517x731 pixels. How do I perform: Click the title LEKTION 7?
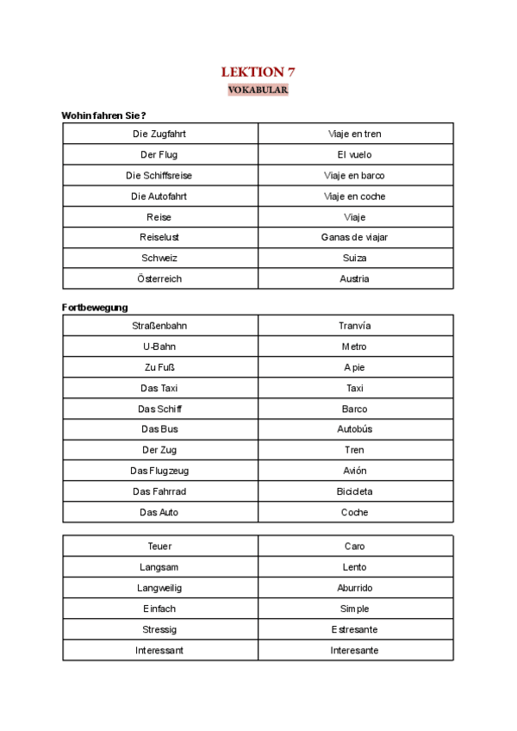[x=258, y=72]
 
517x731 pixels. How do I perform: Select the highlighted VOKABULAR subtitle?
[x=258, y=90]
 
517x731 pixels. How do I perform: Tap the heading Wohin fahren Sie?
[x=103, y=116]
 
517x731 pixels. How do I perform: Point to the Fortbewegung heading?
[x=95, y=307]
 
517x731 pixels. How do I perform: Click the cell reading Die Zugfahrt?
[x=159, y=134]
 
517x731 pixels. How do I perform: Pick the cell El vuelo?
[x=354, y=154]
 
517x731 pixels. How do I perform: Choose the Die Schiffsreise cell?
[x=159, y=175]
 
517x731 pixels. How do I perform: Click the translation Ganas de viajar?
[x=354, y=237]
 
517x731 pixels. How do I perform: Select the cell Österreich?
[x=159, y=278]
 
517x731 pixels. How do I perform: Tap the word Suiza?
[x=354, y=258]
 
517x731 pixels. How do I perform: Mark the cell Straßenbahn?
[x=159, y=326]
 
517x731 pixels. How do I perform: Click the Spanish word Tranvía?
[x=354, y=326]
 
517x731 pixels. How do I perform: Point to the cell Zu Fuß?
[x=159, y=367]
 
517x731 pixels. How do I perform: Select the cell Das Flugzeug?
[x=159, y=471]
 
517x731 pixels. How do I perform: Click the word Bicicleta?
[x=354, y=491]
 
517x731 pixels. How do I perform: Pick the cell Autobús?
[x=354, y=429]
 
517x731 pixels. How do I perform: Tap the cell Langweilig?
[x=159, y=588]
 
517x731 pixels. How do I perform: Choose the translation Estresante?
[x=354, y=629]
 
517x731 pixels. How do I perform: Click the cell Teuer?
[x=159, y=547]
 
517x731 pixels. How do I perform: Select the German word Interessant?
[x=159, y=650]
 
